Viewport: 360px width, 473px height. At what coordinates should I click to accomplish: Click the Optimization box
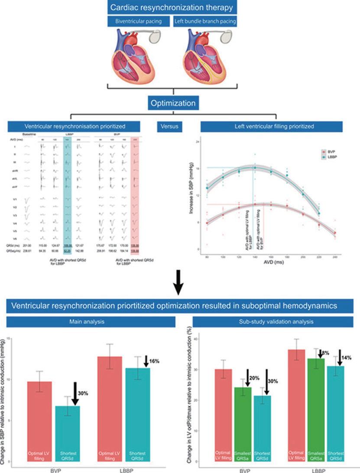click(173, 104)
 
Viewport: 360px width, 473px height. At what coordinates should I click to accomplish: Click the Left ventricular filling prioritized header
click(272, 126)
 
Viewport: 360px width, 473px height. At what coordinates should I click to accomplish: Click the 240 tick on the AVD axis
click(335, 258)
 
